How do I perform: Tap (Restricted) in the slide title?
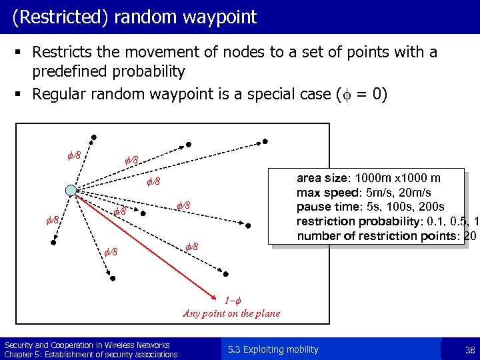55,17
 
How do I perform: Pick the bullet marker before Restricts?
23,53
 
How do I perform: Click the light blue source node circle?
71,191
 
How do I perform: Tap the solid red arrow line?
147,243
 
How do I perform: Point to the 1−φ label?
231,301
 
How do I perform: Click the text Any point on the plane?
231,313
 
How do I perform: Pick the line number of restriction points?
378,235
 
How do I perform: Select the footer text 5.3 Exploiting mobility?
273,349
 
